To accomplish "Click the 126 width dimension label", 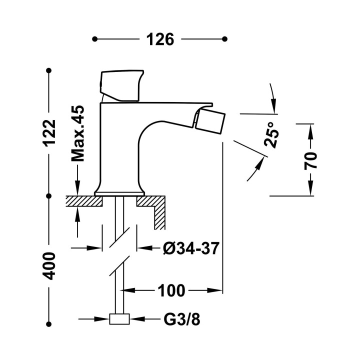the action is (160, 39).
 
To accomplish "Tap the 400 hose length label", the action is (49, 266).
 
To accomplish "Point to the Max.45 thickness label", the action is (78, 133).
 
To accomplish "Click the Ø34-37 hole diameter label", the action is (191, 248).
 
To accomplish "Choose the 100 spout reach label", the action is (171, 290).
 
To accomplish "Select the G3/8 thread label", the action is (182, 319).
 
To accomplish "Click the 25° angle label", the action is (271, 135).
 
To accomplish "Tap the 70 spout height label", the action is (310, 160).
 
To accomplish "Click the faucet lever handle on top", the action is (121, 85).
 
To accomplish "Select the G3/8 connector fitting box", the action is (119, 319).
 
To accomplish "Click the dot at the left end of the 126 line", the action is (94, 39).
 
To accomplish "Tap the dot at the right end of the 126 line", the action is (225, 39).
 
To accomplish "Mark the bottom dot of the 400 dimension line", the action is (48, 324).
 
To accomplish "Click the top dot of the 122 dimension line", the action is (48, 70).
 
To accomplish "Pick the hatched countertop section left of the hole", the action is (84, 201).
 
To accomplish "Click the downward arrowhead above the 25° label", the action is (273, 105).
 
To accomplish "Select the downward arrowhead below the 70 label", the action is (310, 187).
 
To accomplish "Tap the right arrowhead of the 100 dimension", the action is (214, 290).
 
